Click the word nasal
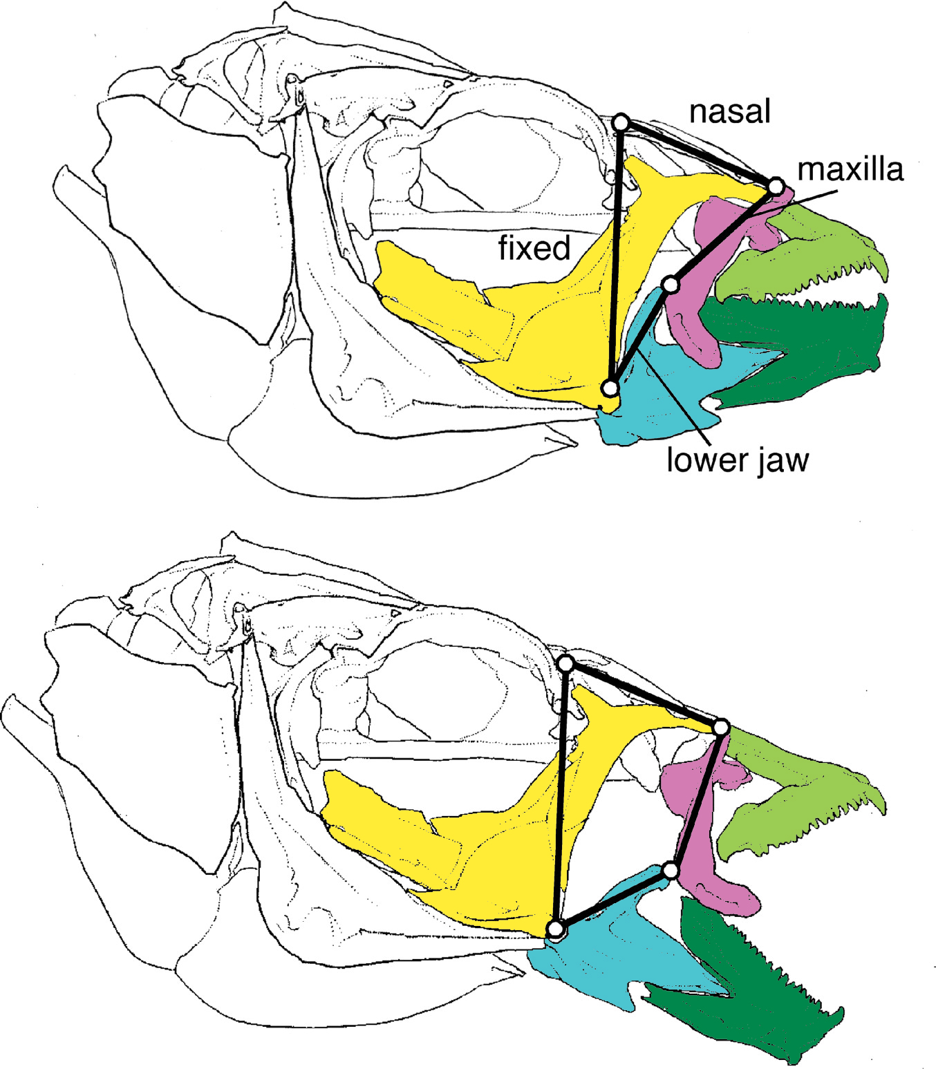[x=729, y=111]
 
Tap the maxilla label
[x=850, y=169]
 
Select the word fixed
[x=534, y=247]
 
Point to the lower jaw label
[x=737, y=460]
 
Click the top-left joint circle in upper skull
[x=621, y=123]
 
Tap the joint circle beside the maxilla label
[x=776, y=187]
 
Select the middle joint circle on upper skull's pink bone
[x=670, y=284]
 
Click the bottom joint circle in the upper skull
[x=610, y=388]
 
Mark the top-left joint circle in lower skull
[x=565, y=664]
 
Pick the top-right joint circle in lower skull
[x=720, y=727]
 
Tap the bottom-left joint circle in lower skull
[x=555, y=929]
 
